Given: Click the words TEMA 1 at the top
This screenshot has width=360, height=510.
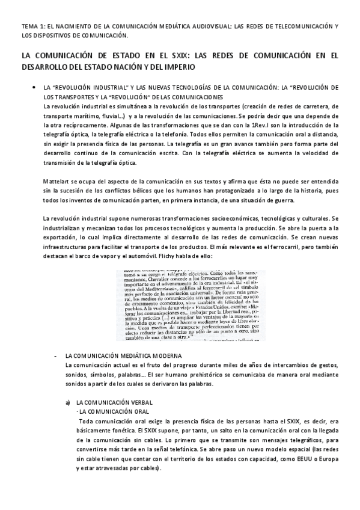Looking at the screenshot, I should click(x=31, y=26).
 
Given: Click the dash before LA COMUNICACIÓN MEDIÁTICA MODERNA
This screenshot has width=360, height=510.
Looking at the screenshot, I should click(x=55, y=356).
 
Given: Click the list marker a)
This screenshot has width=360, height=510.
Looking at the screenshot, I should click(x=68, y=402).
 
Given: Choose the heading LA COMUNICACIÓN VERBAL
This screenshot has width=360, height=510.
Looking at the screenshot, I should click(x=115, y=402).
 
